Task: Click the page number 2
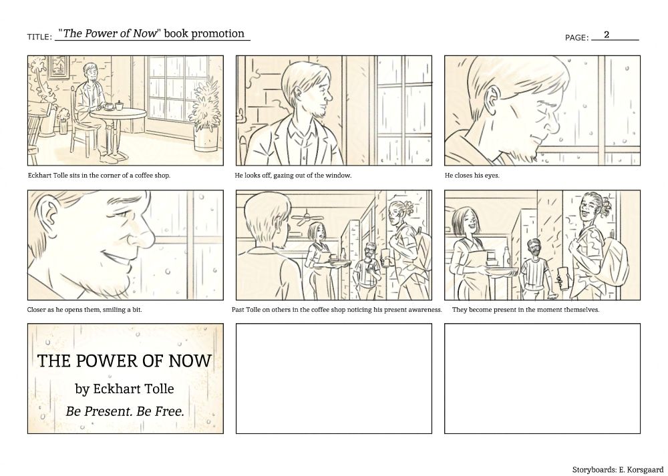[x=607, y=35]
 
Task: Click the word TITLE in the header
[x=38, y=37]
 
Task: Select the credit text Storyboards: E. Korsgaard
[x=617, y=469]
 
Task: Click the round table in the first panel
[x=118, y=114]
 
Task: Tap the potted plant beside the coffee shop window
[x=206, y=114]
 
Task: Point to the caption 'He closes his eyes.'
[x=472, y=175]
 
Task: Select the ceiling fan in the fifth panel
[x=307, y=218]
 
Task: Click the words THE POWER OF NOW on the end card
[x=124, y=361]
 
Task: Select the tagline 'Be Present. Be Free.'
[x=125, y=411]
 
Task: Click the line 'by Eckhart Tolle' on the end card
[x=124, y=389]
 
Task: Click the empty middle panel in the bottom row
[x=334, y=379]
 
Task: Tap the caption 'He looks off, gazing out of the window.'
[x=293, y=175]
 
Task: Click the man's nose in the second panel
[x=329, y=95]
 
